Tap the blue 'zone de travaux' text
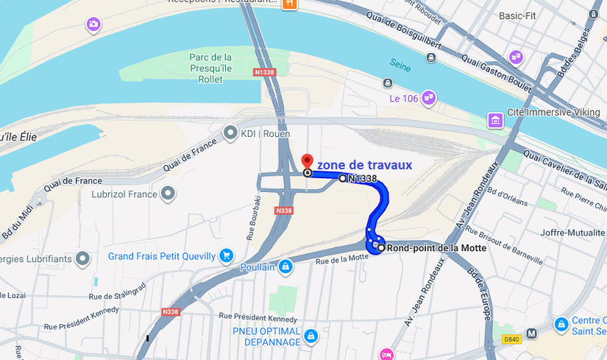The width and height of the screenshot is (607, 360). tap(364, 165)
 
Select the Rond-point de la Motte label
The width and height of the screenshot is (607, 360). tap(436, 248)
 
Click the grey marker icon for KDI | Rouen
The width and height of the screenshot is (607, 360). tap(230, 133)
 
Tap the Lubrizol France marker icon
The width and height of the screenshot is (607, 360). tap(168, 194)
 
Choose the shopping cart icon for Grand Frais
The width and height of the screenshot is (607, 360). tap(226, 256)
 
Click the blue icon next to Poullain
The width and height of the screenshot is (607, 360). tap(285, 267)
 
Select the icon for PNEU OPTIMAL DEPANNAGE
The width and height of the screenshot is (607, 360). tap(310, 336)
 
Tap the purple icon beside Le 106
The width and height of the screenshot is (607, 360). tap(428, 97)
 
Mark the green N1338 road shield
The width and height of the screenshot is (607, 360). tap(263, 72)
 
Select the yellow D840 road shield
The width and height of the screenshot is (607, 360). tap(511, 339)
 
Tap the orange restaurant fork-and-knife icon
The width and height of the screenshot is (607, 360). tap(290, 4)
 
